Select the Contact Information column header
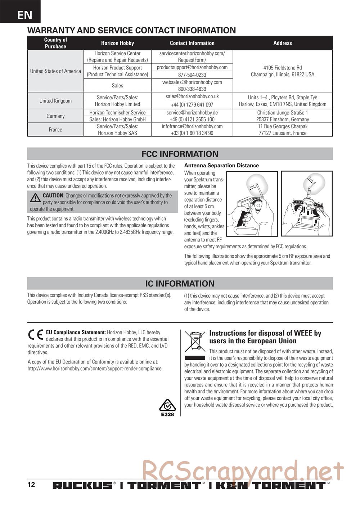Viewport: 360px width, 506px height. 192,43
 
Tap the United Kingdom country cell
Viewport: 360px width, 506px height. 55,101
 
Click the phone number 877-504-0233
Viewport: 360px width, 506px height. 192,75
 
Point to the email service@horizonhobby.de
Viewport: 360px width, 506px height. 192,113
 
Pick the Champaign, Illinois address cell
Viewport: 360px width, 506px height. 283,71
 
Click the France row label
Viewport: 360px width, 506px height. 55,130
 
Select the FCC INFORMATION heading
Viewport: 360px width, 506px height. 180,154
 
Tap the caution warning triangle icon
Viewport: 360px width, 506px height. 35,198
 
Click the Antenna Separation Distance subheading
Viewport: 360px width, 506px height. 221,166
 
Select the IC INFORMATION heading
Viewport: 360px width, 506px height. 180,284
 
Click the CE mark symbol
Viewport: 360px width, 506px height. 36,335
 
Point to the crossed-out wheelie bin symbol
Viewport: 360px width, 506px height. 195,341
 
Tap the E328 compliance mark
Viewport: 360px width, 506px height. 167,408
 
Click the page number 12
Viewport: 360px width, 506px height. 31,484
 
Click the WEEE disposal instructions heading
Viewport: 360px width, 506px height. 265,337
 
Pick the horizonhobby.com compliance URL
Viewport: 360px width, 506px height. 95,369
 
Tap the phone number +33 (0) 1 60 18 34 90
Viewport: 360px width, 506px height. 192,133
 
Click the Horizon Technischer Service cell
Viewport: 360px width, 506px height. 117,113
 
